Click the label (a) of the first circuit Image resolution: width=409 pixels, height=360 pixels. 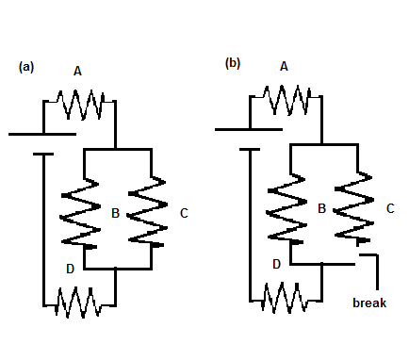tap(26, 68)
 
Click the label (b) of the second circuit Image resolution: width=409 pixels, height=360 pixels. tap(232, 63)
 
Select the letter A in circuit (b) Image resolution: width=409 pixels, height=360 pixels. tap(284, 65)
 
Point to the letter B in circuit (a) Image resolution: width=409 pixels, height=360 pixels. tap(115, 214)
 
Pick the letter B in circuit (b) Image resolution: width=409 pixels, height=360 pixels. tap(321, 207)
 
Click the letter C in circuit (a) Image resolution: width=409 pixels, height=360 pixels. tap(184, 214)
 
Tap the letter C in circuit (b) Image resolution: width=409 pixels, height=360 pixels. tap(390, 207)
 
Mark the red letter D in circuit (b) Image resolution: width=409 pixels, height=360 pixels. tap(276, 264)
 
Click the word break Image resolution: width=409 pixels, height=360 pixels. tap(369, 303)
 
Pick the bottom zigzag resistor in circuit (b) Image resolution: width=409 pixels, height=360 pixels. tap(286, 298)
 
